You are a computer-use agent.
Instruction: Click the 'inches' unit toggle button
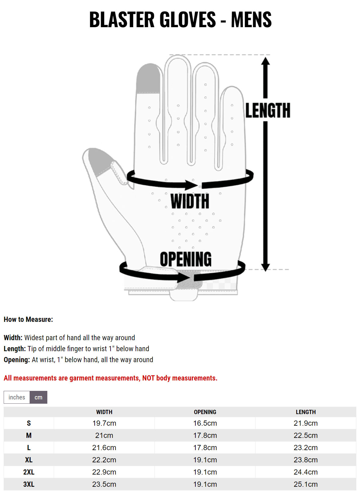point(17,397)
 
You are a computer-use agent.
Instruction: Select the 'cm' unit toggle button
point(38,397)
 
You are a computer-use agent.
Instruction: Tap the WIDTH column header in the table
point(104,412)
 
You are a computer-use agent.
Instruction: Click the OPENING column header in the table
point(205,412)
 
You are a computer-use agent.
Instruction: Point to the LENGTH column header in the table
point(306,412)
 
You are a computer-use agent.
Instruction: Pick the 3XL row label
point(29,484)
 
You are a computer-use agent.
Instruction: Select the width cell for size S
point(104,423)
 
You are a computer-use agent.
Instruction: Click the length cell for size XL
point(306,460)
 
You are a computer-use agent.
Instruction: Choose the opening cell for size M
point(205,435)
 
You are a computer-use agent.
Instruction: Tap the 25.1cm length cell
point(306,484)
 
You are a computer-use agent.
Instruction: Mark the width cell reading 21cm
point(104,435)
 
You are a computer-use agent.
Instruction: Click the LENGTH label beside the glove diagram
point(267,110)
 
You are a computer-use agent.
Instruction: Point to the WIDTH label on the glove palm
point(190,201)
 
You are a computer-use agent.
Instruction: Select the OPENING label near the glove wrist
point(186,259)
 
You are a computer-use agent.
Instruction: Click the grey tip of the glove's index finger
point(148,78)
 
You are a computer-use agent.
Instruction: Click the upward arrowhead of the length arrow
point(265,61)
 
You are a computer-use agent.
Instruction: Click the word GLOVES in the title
point(187,20)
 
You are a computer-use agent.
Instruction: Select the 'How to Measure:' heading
point(28,319)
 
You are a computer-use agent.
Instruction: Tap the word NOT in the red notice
point(148,378)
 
